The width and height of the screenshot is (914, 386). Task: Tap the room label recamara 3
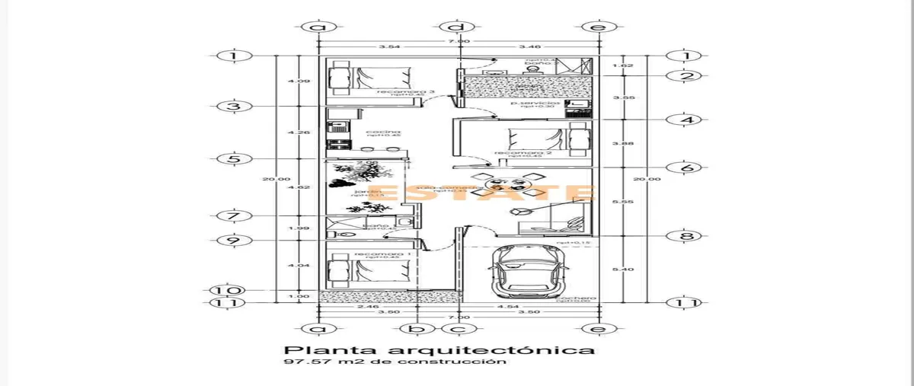click(x=395, y=91)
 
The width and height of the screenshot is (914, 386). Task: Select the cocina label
click(x=383, y=132)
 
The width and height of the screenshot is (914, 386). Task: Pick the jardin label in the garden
click(x=362, y=191)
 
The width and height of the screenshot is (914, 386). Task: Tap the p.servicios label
click(x=535, y=102)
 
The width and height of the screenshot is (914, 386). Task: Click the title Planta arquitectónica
click(x=439, y=351)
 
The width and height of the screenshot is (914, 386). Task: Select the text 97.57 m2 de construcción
click(x=395, y=363)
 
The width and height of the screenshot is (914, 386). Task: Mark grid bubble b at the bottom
click(x=416, y=329)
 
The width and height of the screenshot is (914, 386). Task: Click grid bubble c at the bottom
click(x=458, y=329)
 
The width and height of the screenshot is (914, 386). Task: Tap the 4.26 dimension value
click(x=293, y=132)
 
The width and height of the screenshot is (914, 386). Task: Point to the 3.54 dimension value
click(x=390, y=47)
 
